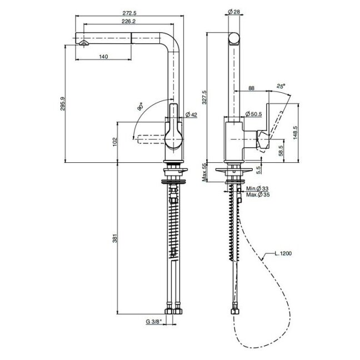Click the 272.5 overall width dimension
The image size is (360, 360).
click(x=129, y=13)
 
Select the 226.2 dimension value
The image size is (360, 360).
click(x=128, y=21)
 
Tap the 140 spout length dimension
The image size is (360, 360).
click(x=103, y=57)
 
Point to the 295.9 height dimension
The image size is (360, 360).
click(x=63, y=104)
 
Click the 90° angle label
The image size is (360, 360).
click(x=141, y=107)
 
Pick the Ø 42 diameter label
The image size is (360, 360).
click(x=191, y=114)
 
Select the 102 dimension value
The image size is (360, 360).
click(x=115, y=142)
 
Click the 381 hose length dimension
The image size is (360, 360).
click(x=115, y=238)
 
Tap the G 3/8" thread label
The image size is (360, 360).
click(x=156, y=322)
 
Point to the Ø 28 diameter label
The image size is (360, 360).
click(x=234, y=12)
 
